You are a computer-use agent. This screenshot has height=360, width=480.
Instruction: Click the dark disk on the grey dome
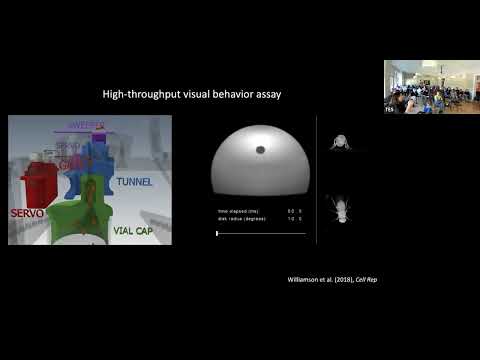point(260,150)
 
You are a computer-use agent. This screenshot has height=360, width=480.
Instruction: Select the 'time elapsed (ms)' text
point(236,211)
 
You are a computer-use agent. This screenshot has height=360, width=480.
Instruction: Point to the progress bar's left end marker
point(217,233)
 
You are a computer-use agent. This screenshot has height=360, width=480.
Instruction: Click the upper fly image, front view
point(338,142)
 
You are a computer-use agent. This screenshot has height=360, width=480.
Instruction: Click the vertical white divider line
point(316,180)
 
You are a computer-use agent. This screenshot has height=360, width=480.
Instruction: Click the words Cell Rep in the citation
point(368,279)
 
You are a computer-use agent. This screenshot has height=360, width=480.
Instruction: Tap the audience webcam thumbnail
point(431,86)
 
